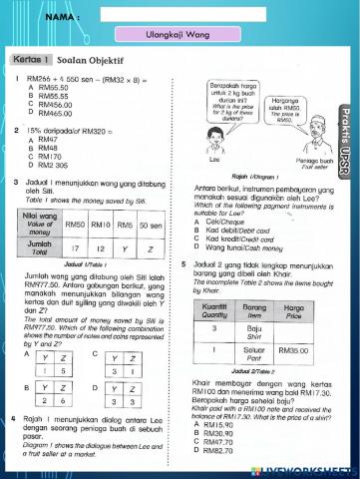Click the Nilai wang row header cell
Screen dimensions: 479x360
tap(38, 226)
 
